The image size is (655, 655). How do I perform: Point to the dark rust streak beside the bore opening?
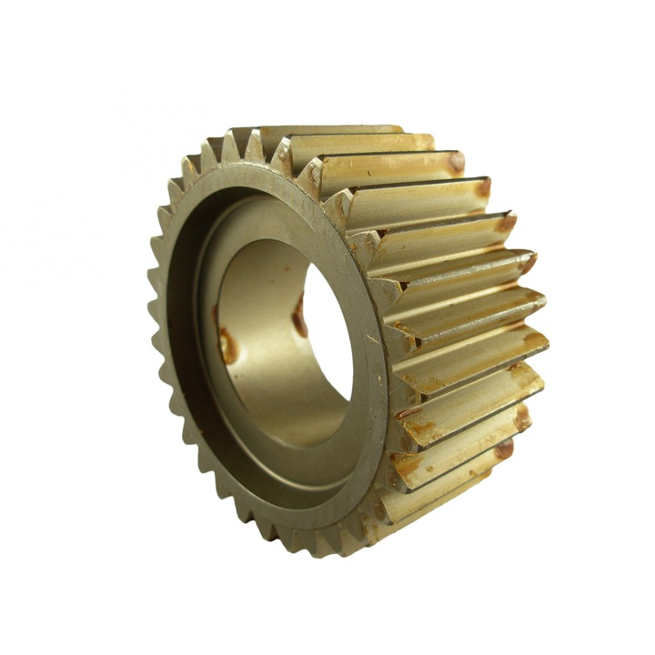coord(299,317)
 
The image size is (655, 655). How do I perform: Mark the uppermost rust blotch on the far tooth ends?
coord(456,162)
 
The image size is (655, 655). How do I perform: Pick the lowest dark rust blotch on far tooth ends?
coord(504,449)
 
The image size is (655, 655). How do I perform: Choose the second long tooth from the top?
coord(364,143)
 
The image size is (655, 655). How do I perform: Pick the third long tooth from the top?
coord(391,168)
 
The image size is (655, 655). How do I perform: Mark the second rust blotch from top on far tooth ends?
coord(483,187)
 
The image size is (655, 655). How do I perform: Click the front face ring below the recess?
coord(300,519)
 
